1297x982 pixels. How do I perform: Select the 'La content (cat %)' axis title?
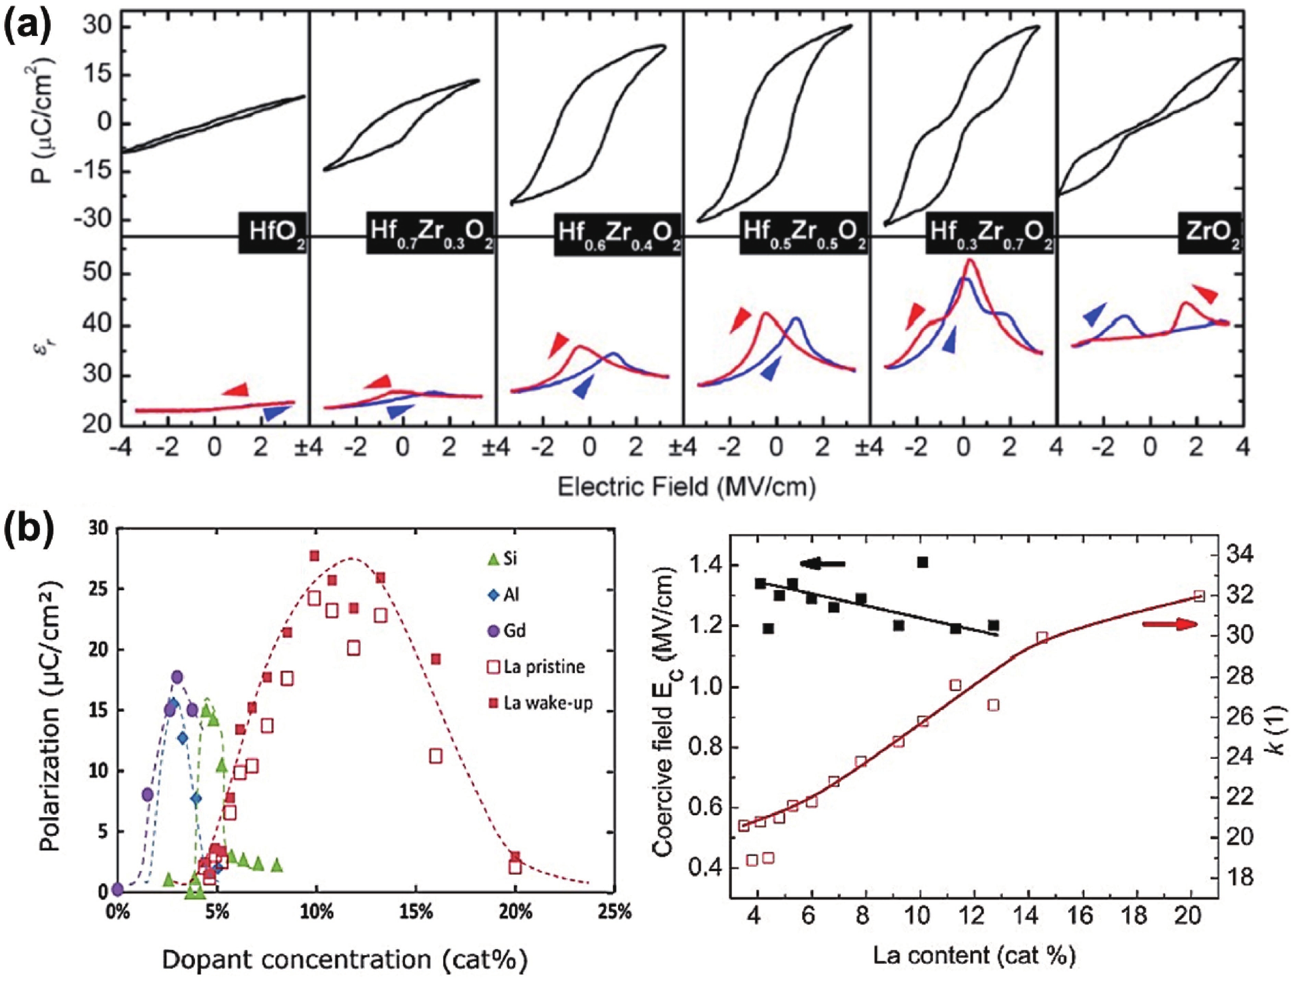pos(973,956)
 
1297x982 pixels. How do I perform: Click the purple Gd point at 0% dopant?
pos(118,889)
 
